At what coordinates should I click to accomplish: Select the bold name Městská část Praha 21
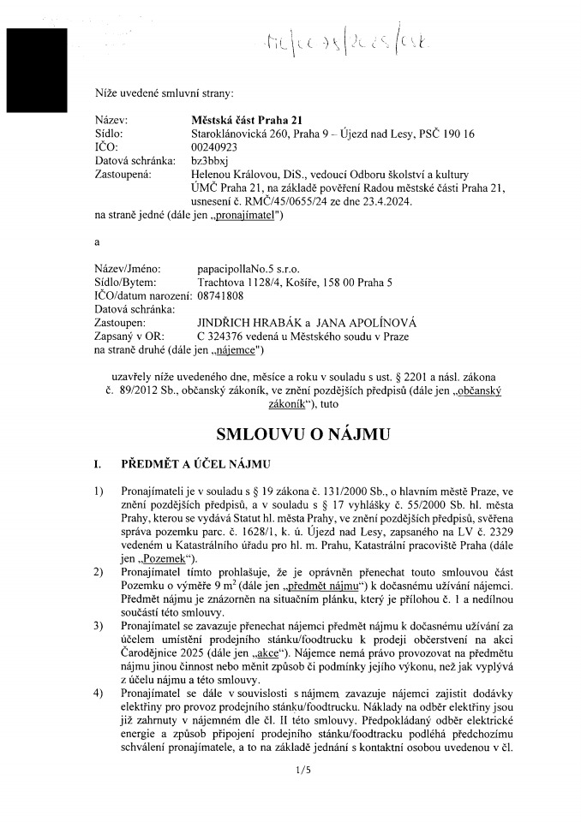pos(248,121)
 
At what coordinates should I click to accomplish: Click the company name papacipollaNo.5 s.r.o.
pos(249,269)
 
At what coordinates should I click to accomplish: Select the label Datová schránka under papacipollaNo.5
pos(135,308)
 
